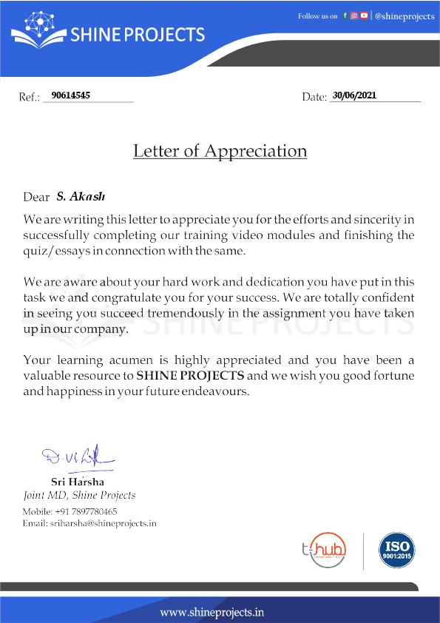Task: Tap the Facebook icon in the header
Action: (345, 16)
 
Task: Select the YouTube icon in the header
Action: (364, 16)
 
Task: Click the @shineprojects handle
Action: (405, 16)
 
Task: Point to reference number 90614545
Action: (71, 95)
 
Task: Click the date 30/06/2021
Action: (355, 95)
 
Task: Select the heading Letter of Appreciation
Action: (220, 151)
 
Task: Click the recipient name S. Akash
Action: (81, 197)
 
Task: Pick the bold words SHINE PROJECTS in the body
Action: (190, 376)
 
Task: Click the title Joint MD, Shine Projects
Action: (79, 495)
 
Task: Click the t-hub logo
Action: (326, 551)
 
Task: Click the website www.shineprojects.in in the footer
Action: (212, 612)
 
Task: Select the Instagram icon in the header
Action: (354, 16)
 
